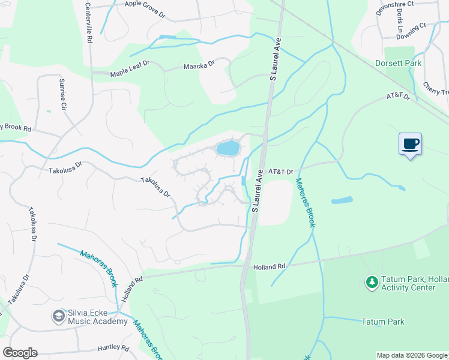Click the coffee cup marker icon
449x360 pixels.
tap(410, 144)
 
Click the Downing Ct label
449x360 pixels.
tap(411, 26)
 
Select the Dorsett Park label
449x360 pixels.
tap(398, 63)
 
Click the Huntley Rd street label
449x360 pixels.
tap(113, 348)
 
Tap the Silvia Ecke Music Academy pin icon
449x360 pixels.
tap(58, 315)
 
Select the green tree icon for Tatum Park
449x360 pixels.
tap(371, 281)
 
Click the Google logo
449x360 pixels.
tap(20, 353)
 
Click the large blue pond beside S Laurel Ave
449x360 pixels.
tap(228, 148)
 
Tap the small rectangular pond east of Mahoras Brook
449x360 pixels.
tap(341, 200)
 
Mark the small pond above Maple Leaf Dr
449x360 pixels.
tap(167, 37)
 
